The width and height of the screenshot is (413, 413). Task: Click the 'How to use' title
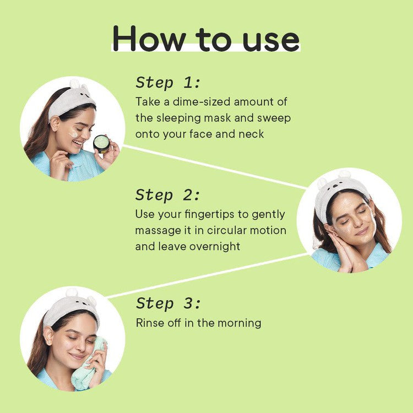[206, 39]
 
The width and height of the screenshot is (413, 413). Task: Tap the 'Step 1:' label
[168, 83]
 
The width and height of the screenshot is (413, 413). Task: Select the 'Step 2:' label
[168, 195]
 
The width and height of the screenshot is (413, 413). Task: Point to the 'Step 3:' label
[168, 303]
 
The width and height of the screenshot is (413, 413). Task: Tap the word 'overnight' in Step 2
[215, 246]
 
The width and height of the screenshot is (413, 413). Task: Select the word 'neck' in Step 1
[252, 134]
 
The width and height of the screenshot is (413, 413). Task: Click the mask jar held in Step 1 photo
[101, 144]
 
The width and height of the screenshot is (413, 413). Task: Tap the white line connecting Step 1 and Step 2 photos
[215, 167]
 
